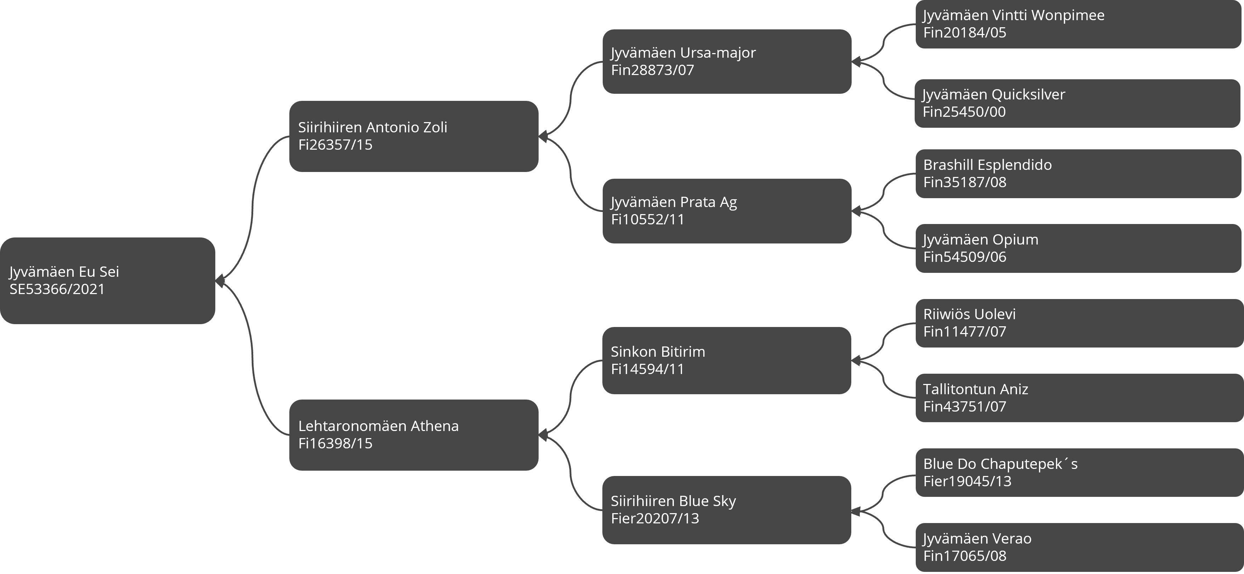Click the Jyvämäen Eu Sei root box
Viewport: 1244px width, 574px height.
click(x=107, y=281)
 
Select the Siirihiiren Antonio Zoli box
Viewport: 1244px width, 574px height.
click(x=414, y=136)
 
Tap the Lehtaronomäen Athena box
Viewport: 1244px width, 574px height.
click(x=414, y=435)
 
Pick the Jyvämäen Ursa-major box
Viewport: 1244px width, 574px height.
click(x=727, y=61)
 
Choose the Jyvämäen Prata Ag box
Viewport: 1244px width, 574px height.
click(x=727, y=211)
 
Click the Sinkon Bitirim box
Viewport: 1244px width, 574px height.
click(x=727, y=361)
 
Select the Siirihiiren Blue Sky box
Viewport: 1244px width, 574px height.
click(x=727, y=510)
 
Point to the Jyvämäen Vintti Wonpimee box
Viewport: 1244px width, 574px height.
click(x=1078, y=24)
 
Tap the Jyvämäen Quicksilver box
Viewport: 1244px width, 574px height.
click(x=1078, y=103)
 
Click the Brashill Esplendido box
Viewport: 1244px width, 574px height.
click(x=1078, y=174)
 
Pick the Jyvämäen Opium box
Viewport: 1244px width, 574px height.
click(x=1078, y=248)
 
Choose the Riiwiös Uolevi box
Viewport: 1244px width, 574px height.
click(x=1079, y=323)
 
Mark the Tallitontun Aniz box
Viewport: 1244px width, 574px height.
click(x=1079, y=398)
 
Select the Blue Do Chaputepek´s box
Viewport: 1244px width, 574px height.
click(x=1079, y=473)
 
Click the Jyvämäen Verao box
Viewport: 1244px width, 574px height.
click(x=1079, y=547)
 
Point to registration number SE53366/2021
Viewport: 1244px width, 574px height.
click(x=57, y=289)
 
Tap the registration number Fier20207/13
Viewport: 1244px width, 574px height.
click(x=655, y=518)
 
